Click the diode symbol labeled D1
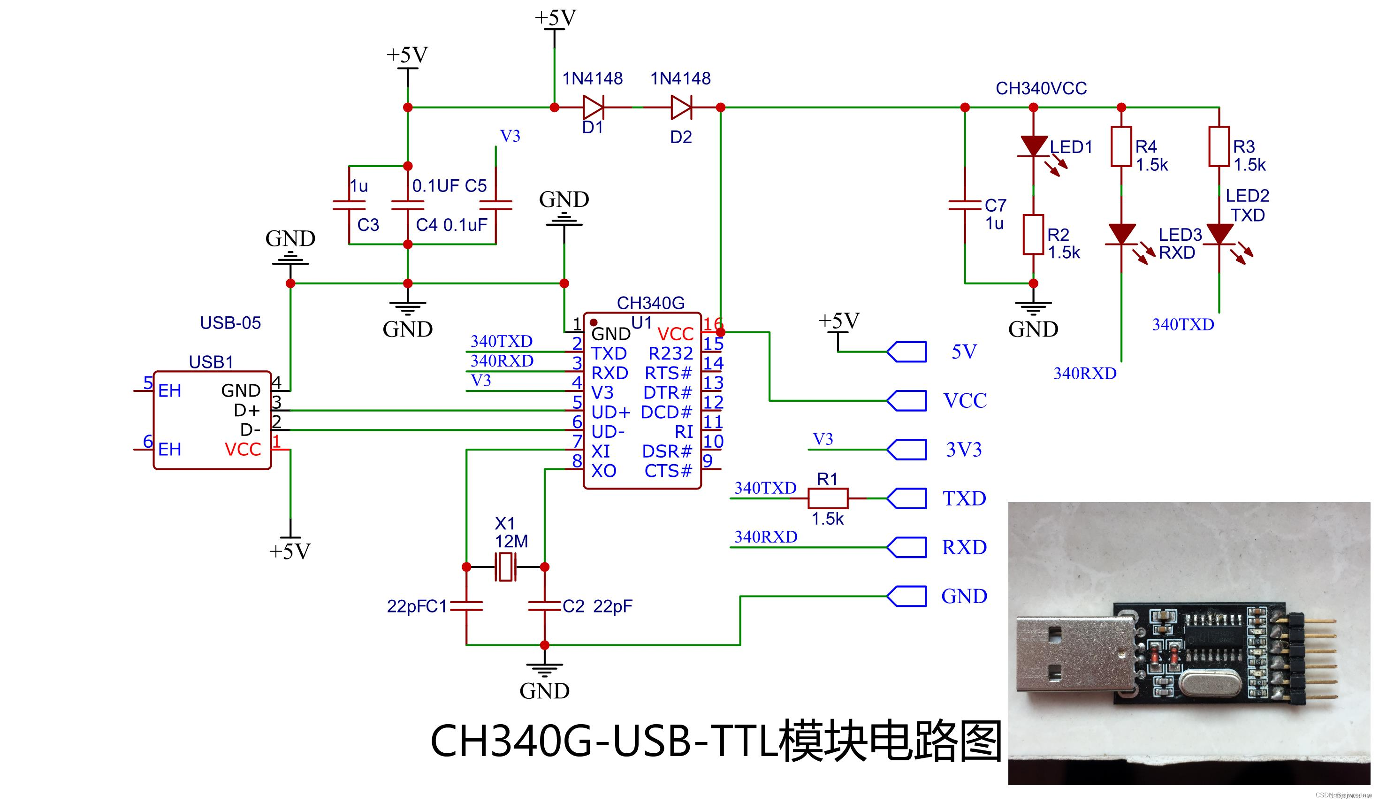593,107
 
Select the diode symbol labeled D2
681,107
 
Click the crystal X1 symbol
505,567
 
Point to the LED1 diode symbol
1033,146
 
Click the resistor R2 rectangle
1033,234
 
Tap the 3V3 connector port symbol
907,450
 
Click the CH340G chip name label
651,303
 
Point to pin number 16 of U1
712,323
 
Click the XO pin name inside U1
603,471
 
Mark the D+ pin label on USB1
246,410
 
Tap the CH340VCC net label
1041,88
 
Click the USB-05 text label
230,323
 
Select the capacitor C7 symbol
965,205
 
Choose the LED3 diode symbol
1121,234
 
